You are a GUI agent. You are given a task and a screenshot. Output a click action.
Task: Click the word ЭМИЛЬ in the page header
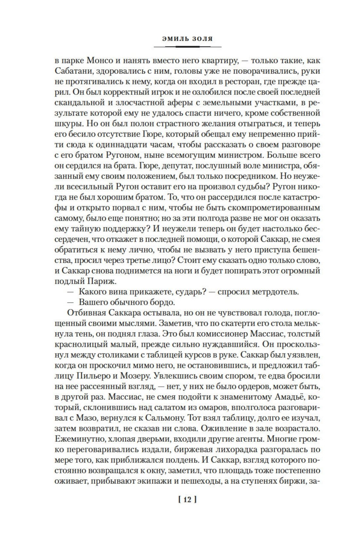click(x=175, y=39)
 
